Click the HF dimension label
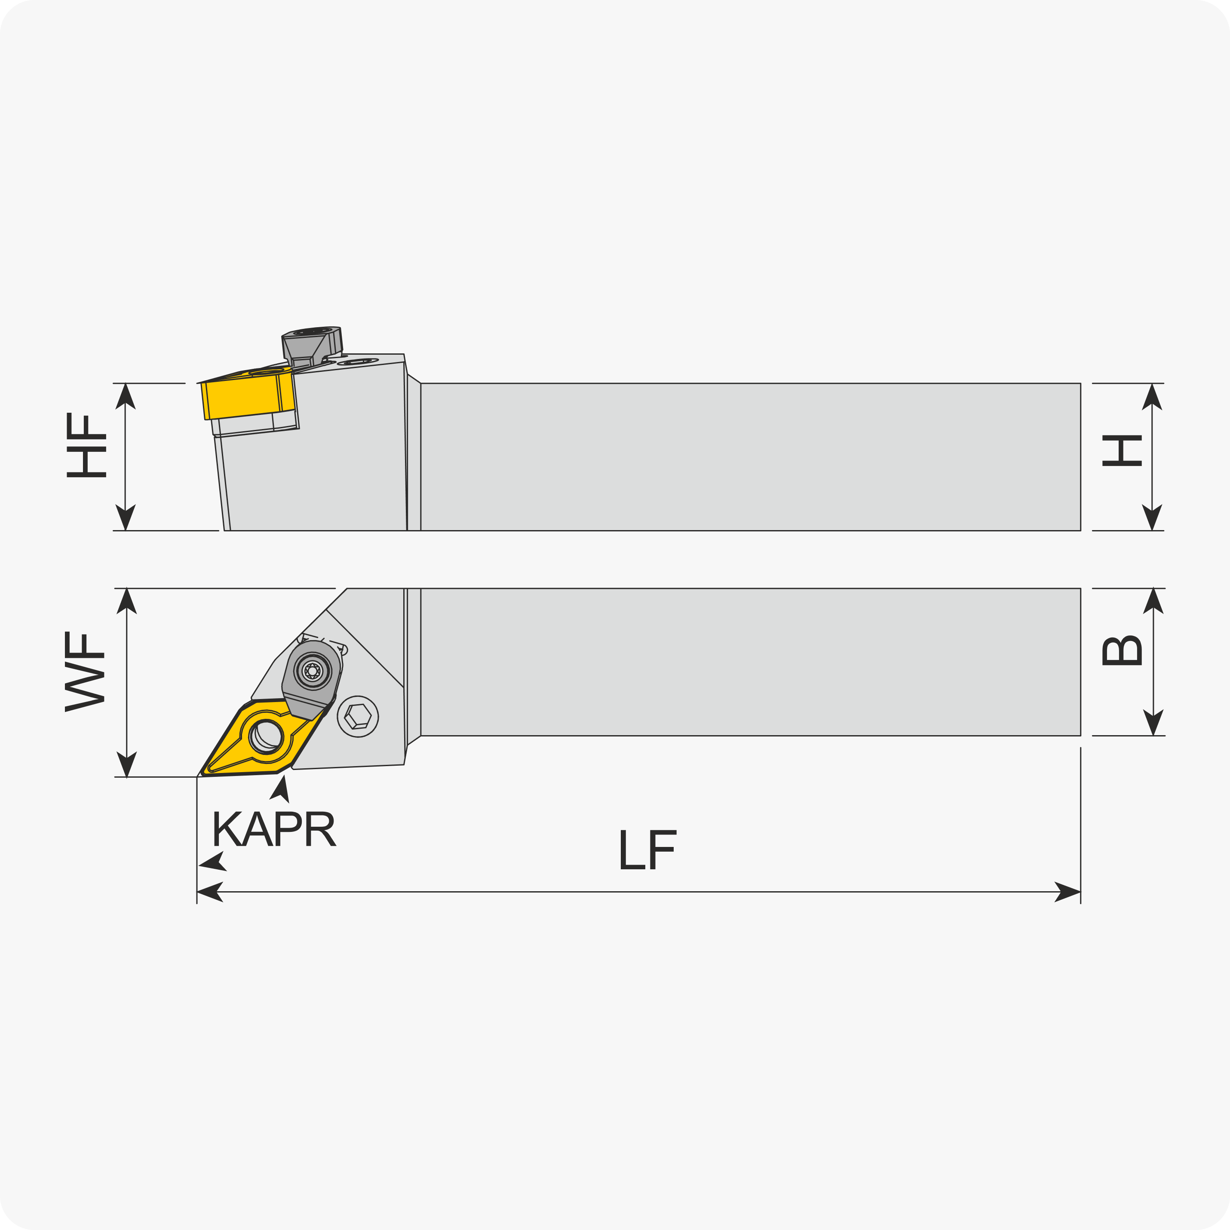(86, 445)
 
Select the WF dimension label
(85, 672)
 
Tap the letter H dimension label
(1122, 451)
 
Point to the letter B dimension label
(1122, 650)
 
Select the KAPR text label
(274, 828)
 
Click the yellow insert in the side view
(248, 395)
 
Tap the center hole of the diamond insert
(266, 736)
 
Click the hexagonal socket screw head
(358, 717)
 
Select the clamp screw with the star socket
(312, 670)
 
